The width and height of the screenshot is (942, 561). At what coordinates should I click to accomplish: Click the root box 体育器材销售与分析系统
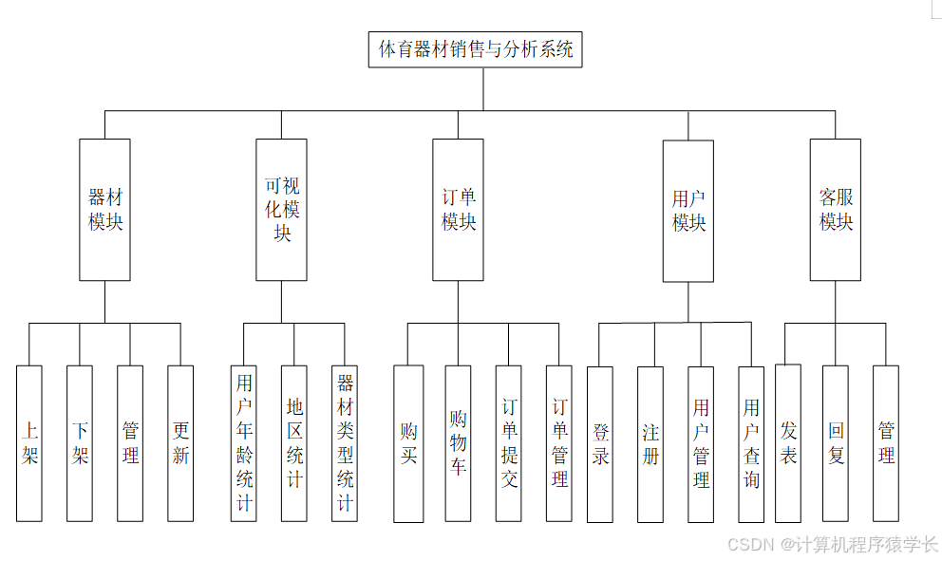tap(475, 50)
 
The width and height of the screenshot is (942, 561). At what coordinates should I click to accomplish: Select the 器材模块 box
tap(104, 210)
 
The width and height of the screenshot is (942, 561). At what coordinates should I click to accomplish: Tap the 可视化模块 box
tap(281, 210)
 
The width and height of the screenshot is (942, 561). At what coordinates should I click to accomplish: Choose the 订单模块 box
tap(458, 210)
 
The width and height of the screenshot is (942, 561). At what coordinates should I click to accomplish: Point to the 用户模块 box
tap(688, 211)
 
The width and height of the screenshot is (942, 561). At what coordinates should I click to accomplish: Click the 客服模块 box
tap(836, 210)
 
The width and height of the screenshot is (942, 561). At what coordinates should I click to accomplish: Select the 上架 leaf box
tap(29, 443)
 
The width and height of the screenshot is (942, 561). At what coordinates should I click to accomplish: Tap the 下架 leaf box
tap(80, 443)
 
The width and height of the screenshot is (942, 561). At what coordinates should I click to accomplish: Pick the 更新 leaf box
tap(180, 443)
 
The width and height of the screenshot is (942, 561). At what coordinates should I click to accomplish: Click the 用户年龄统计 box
tap(244, 443)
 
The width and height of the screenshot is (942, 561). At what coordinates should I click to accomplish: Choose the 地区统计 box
tap(294, 443)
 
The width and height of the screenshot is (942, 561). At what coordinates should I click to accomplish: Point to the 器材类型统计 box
tap(345, 443)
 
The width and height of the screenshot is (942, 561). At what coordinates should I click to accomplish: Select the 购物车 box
tap(459, 443)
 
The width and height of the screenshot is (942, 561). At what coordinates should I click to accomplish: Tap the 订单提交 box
tap(509, 443)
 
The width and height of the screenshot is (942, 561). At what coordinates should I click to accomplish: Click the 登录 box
tap(600, 444)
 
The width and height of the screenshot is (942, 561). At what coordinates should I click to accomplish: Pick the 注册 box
tap(650, 444)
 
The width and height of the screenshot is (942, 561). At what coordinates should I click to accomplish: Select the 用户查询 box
tap(751, 444)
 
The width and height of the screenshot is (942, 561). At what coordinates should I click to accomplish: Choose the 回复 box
tap(836, 443)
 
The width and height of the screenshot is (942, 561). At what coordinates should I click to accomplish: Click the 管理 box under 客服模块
tap(886, 443)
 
